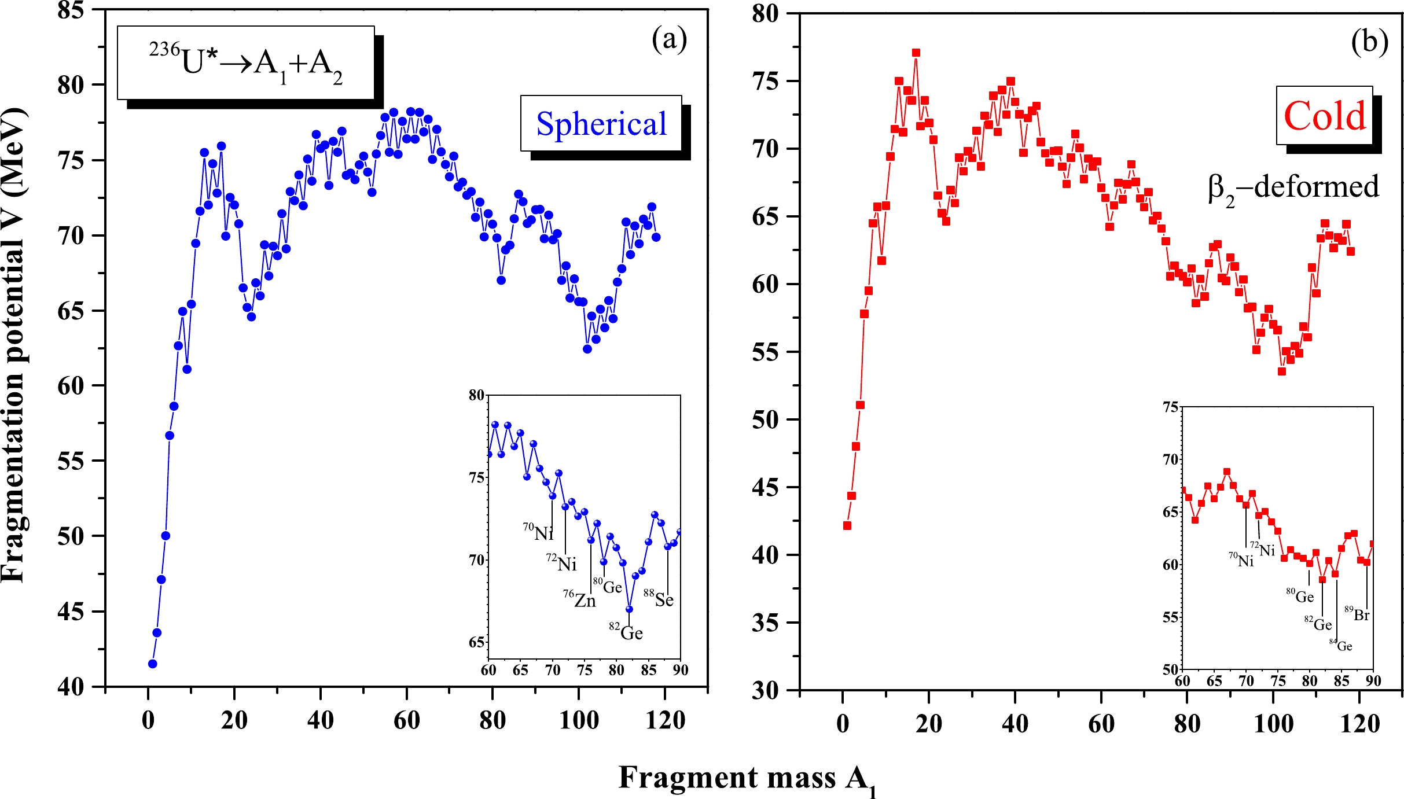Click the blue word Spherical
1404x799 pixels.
coord(601,124)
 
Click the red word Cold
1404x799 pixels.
coord(1325,116)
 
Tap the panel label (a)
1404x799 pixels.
coord(669,39)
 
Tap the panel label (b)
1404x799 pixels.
coord(1369,42)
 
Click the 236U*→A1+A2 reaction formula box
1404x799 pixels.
coord(246,63)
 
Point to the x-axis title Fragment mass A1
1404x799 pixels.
coord(747,778)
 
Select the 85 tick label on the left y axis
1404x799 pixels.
coord(71,10)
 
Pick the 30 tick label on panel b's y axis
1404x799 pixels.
coord(765,690)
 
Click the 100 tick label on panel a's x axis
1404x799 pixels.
coord(579,720)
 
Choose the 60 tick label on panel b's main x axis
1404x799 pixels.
coord(1101,724)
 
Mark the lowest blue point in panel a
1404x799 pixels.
coord(153,664)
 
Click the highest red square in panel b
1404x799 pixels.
coord(916,53)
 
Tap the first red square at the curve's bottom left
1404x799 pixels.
coord(847,525)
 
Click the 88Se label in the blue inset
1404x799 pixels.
coord(659,599)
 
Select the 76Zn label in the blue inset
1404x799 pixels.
coord(579,600)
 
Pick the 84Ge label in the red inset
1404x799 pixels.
coord(1341,645)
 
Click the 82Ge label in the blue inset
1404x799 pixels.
coord(626,632)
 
